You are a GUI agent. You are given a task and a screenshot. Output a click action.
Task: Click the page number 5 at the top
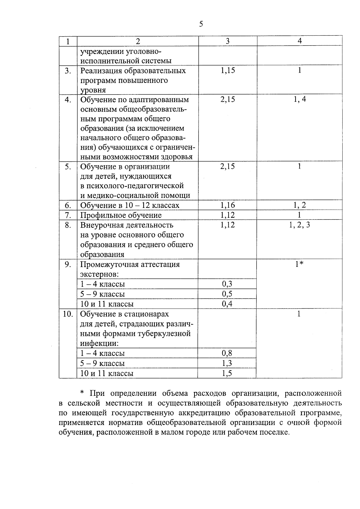(201, 24)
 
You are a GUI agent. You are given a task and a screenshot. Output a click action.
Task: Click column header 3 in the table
(228, 41)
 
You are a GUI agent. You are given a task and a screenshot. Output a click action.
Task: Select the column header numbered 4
(299, 41)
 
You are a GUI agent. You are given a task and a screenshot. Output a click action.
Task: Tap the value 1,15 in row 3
(228, 70)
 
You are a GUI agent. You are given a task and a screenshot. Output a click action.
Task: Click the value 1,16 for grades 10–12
(228, 205)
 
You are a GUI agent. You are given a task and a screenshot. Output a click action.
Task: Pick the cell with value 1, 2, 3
(299, 225)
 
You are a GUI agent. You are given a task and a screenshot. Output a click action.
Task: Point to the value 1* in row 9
(299, 264)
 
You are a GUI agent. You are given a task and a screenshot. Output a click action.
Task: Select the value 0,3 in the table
(227, 284)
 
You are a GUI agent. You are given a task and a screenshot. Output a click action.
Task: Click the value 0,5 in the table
(227, 294)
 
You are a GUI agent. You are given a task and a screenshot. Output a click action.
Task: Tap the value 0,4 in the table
(227, 304)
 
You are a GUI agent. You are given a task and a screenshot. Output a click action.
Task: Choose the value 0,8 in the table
(227, 353)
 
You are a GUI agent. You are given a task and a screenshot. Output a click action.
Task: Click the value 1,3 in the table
(227, 363)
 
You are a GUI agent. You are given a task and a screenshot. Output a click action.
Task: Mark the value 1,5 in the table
(227, 373)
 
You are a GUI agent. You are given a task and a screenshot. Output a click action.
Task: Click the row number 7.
(68, 215)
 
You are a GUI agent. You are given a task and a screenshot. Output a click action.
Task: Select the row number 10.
(68, 314)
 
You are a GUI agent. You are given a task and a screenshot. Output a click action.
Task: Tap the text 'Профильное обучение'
(121, 215)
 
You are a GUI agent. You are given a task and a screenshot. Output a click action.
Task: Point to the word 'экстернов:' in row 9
(99, 274)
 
